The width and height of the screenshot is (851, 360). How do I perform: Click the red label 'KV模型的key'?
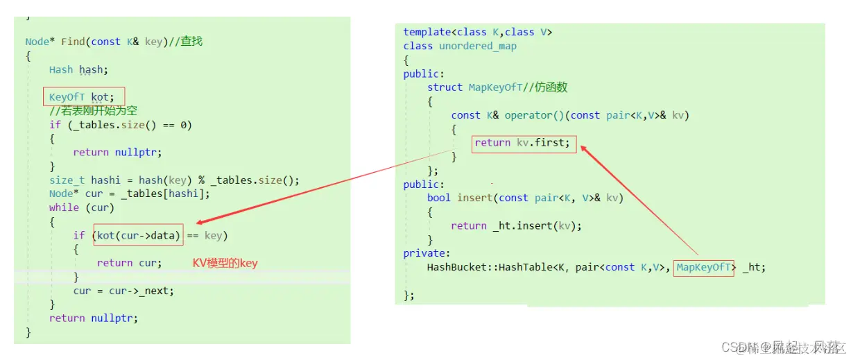point(225,263)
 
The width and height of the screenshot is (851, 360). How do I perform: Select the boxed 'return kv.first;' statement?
point(523,143)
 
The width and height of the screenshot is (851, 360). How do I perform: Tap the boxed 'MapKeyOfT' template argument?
point(703,267)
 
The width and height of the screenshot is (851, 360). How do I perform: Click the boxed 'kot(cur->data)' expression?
point(139,235)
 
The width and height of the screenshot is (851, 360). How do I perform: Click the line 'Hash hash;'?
point(78,69)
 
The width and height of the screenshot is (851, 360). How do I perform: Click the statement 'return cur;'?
point(129,263)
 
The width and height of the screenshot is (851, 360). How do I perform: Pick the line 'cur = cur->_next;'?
point(123,291)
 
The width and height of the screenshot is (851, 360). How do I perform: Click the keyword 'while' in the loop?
point(64,207)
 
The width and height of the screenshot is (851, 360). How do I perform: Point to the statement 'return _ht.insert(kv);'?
point(516,225)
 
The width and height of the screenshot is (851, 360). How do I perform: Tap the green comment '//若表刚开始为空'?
point(94,111)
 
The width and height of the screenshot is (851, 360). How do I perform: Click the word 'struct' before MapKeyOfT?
point(445,87)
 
